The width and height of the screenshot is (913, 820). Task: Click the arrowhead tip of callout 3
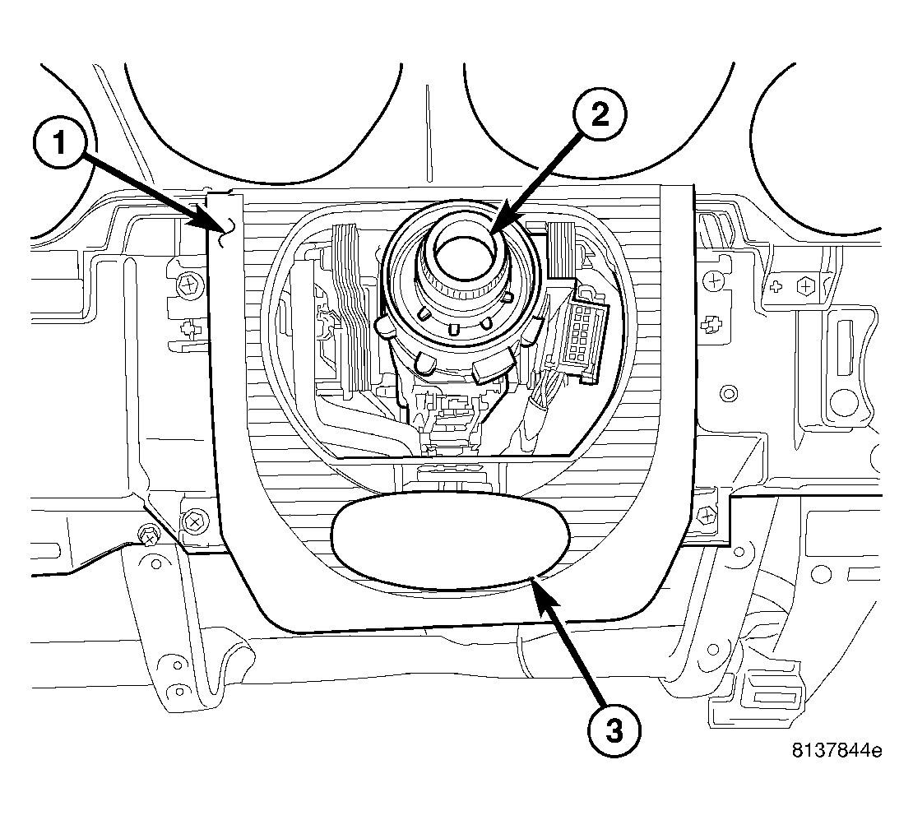[x=532, y=581]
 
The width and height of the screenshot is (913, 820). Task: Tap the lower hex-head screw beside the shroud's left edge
[x=194, y=520]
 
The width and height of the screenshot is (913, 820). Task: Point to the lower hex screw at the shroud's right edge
[x=705, y=516]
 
